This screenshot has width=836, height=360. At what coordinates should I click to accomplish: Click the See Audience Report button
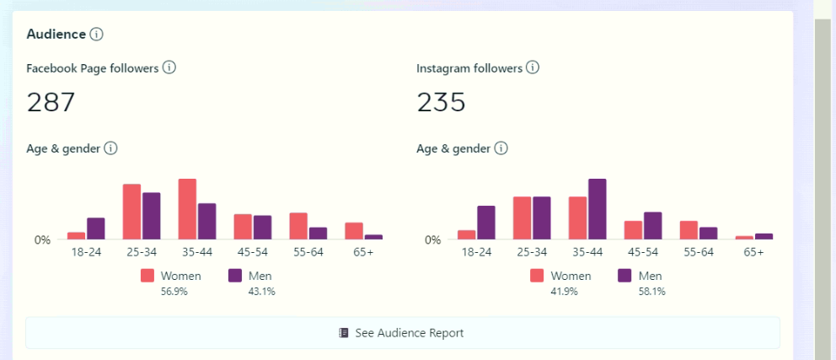[x=402, y=333]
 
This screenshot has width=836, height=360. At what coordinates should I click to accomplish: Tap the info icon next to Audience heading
[x=96, y=35]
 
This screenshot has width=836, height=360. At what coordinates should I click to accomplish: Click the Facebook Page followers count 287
[x=51, y=102]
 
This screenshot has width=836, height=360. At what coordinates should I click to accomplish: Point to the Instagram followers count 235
[x=442, y=102]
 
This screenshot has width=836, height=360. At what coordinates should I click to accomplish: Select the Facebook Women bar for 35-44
[x=187, y=209]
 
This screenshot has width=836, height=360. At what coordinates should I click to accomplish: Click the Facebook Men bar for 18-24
[x=96, y=228]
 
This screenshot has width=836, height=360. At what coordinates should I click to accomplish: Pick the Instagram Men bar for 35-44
[x=598, y=209]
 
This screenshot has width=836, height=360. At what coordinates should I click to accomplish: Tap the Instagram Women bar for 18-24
[x=467, y=234]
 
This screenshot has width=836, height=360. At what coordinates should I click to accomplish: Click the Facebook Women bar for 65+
[x=354, y=231]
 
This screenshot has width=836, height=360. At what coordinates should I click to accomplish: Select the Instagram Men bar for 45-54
[x=653, y=225]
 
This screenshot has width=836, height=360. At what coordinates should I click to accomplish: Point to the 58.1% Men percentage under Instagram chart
[x=651, y=292]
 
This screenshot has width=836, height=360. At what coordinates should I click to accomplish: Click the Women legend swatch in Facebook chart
[x=148, y=276]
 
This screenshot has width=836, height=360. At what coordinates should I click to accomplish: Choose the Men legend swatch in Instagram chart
[x=625, y=276]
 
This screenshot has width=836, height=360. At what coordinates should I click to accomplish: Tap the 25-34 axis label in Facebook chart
[x=142, y=252]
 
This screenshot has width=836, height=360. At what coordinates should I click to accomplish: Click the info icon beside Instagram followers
[x=533, y=68]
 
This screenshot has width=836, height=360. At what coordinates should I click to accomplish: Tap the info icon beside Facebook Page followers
[x=169, y=68]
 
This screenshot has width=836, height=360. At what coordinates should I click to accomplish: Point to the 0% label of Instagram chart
[x=432, y=240]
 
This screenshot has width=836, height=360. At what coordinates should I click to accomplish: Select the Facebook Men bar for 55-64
[x=318, y=234]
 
